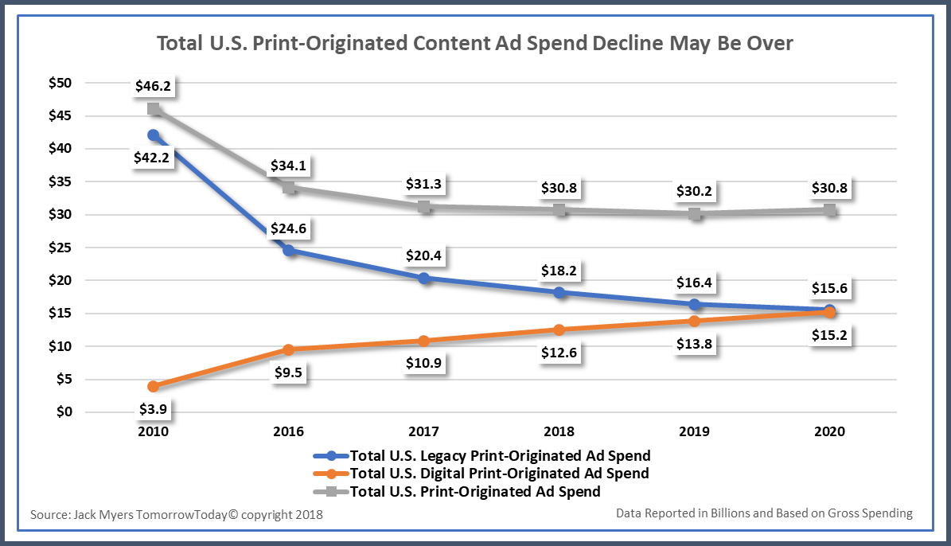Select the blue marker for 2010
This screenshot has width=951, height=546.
click(153, 135)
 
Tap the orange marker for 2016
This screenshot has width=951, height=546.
click(288, 349)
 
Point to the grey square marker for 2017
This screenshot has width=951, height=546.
click(424, 207)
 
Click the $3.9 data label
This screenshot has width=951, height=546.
click(152, 410)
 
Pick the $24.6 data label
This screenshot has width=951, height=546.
click(287, 229)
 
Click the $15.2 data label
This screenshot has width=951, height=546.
click(830, 337)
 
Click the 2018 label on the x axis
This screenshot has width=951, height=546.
click(559, 431)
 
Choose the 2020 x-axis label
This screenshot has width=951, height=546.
click(830, 431)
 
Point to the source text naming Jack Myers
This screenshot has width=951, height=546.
click(177, 514)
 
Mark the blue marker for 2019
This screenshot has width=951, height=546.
click(695, 304)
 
